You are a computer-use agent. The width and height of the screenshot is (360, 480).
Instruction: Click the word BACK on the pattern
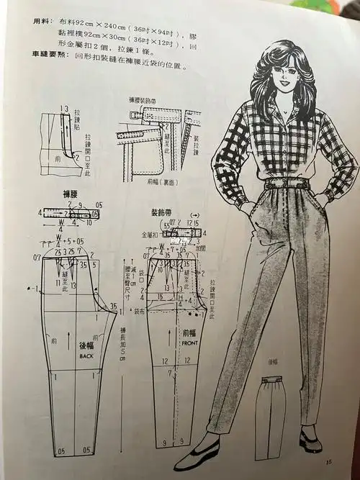87,356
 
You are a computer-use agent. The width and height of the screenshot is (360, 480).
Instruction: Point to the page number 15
329,462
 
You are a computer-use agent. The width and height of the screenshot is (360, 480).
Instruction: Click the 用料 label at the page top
42,21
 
